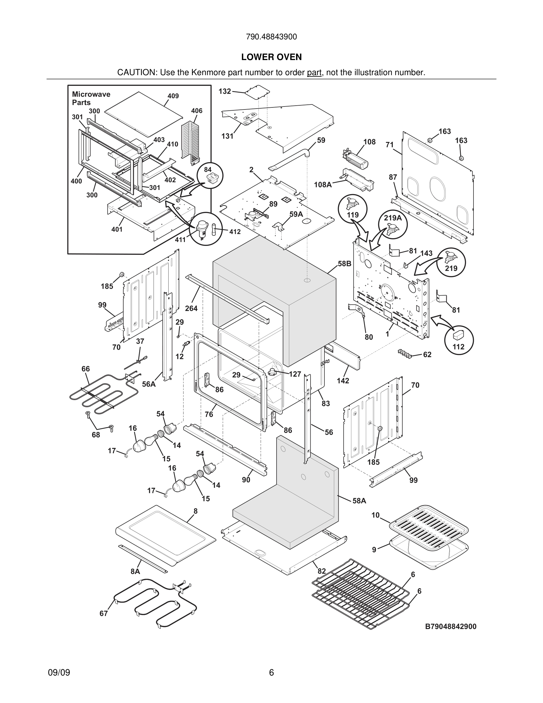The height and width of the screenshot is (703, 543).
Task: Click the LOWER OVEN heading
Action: coord(271,57)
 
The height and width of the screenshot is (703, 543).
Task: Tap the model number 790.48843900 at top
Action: coord(271,37)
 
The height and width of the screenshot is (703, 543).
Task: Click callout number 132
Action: coord(225,91)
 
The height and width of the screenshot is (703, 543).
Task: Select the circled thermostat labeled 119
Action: coord(353,209)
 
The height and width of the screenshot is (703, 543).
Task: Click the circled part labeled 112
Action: coord(458,341)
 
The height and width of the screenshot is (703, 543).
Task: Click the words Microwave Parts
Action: coord(91,98)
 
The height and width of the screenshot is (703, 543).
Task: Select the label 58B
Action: coord(344,264)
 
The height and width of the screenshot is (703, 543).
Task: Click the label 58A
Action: coord(359,501)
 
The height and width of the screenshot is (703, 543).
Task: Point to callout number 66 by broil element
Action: coord(85,369)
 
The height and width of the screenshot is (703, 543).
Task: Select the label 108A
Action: coord(323,184)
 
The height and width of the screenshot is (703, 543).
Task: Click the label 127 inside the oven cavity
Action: coord(295,374)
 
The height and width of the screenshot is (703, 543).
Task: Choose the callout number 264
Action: coord(191,308)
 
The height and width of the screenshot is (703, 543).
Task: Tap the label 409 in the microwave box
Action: coord(173,96)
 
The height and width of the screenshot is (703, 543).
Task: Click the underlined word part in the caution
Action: coord(314,72)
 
